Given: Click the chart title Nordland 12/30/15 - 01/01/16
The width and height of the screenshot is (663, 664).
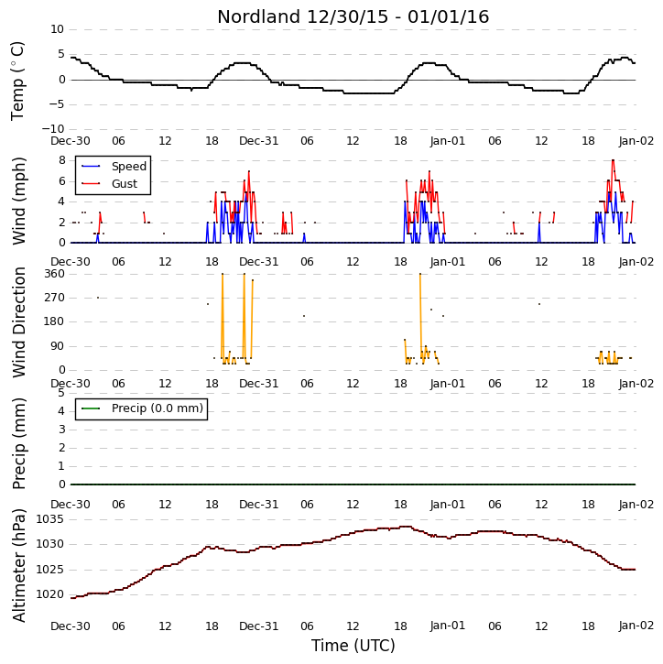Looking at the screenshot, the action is [353, 16].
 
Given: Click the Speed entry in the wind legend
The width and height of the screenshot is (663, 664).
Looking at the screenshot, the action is [129, 167].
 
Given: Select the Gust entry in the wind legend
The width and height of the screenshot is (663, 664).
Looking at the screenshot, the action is [125, 184].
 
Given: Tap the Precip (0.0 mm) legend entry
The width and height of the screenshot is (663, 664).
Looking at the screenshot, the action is [158, 408].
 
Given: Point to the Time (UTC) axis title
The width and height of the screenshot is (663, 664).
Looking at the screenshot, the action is [353, 646].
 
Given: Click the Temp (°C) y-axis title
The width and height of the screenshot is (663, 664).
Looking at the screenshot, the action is [18, 81].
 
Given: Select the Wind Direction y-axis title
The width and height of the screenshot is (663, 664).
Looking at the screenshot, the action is [19, 322].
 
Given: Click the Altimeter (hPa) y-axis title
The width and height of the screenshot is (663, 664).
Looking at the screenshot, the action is [19, 566].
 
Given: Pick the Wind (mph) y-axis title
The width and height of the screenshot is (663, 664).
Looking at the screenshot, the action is [19, 201].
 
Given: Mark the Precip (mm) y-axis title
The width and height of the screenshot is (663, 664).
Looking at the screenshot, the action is [19, 443].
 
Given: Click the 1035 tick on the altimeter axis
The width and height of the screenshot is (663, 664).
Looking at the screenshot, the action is [50, 519].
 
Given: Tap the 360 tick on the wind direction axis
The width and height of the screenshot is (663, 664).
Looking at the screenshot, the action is [55, 274].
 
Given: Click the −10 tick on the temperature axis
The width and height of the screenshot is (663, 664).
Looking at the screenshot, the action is [53, 129].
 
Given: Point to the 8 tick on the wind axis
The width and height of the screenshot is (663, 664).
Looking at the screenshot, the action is [62, 160].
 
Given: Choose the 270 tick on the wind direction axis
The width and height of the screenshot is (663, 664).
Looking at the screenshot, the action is [55, 298].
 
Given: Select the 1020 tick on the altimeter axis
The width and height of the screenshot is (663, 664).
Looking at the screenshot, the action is [50, 594].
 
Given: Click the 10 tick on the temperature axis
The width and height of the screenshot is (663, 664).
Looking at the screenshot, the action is [57, 29].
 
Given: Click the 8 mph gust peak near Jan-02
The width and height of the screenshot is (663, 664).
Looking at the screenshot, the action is [613, 160].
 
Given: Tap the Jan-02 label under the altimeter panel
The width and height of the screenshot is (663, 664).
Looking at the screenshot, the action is [636, 626].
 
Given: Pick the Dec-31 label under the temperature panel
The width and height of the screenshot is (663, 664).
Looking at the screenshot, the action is [258, 141].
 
